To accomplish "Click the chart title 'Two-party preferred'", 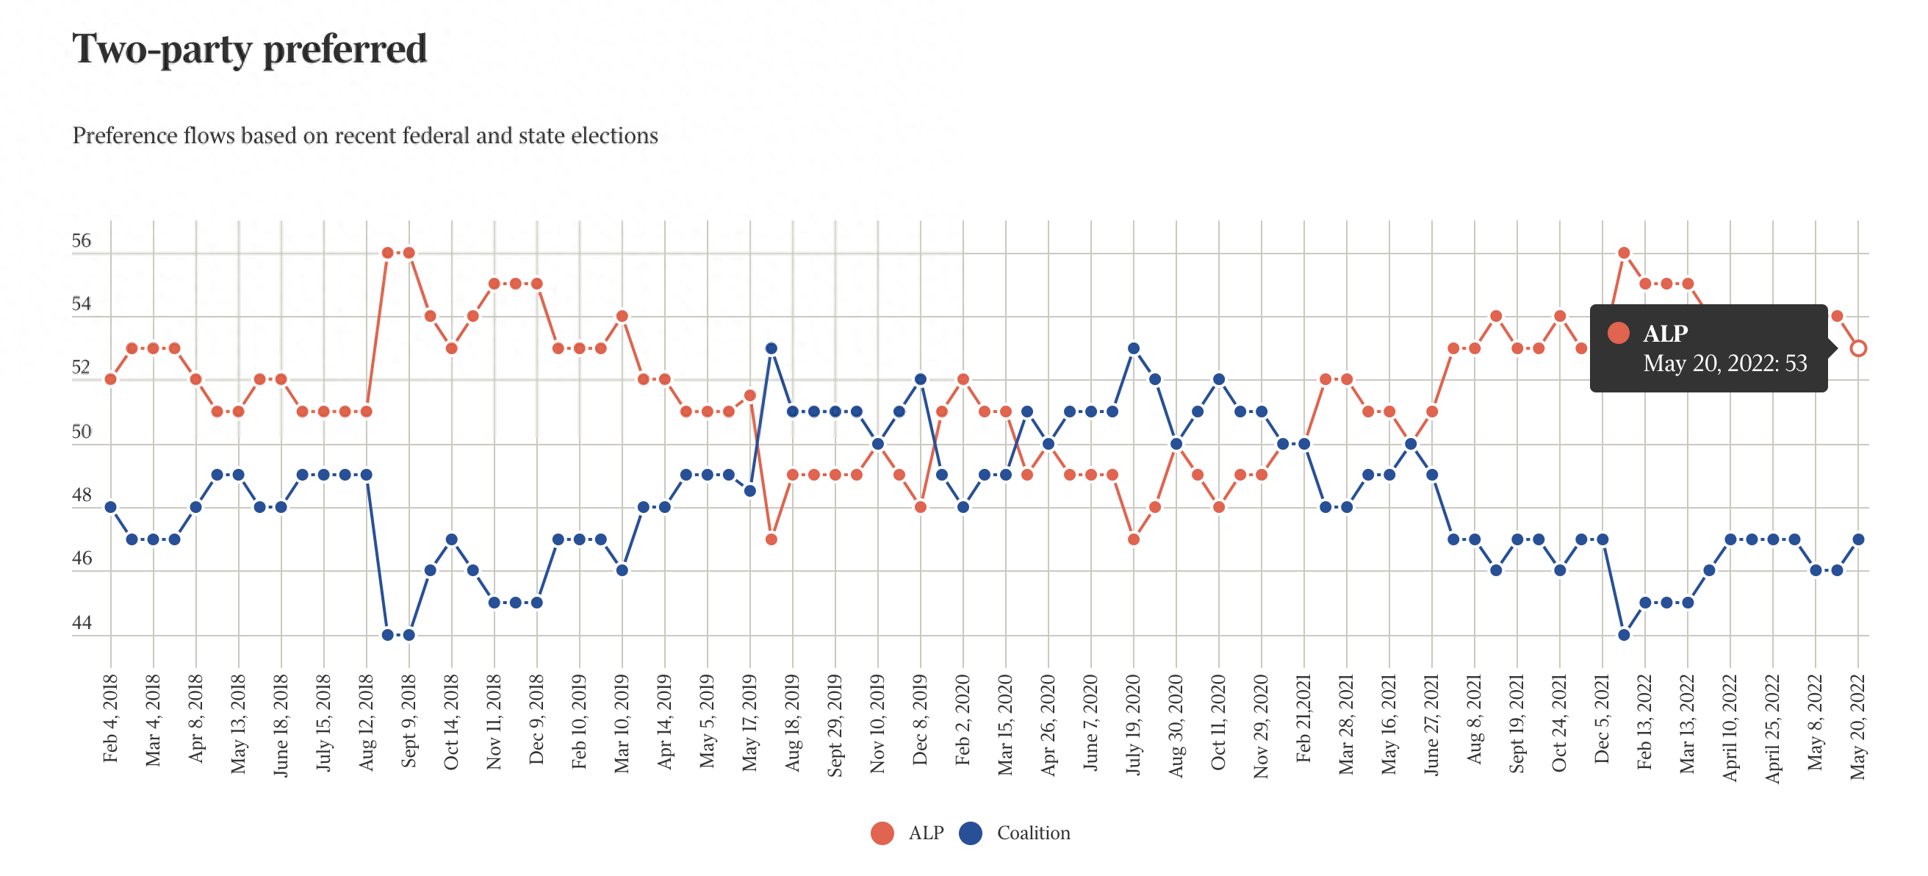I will [249, 49].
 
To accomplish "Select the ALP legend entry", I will [908, 833].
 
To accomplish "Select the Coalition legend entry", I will [1015, 833].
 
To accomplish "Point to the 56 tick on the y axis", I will [82, 241].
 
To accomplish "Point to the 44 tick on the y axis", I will [82, 623].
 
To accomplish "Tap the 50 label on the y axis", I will [82, 432].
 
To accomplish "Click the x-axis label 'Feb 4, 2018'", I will [111, 718].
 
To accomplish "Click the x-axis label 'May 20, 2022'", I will [1857, 726].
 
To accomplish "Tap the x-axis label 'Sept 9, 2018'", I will [409, 720].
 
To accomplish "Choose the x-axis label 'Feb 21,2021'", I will [1303, 718].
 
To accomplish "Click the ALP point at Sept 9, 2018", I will [409, 253].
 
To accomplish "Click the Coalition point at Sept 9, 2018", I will [409, 635].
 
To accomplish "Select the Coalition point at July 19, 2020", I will [1133, 348].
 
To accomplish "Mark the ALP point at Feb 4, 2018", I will [111, 380].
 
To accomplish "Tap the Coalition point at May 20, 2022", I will [1857, 539].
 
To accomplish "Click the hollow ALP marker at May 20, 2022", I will [1857, 348].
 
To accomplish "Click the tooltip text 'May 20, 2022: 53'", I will [1724, 364].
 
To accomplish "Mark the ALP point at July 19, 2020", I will [1133, 539].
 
